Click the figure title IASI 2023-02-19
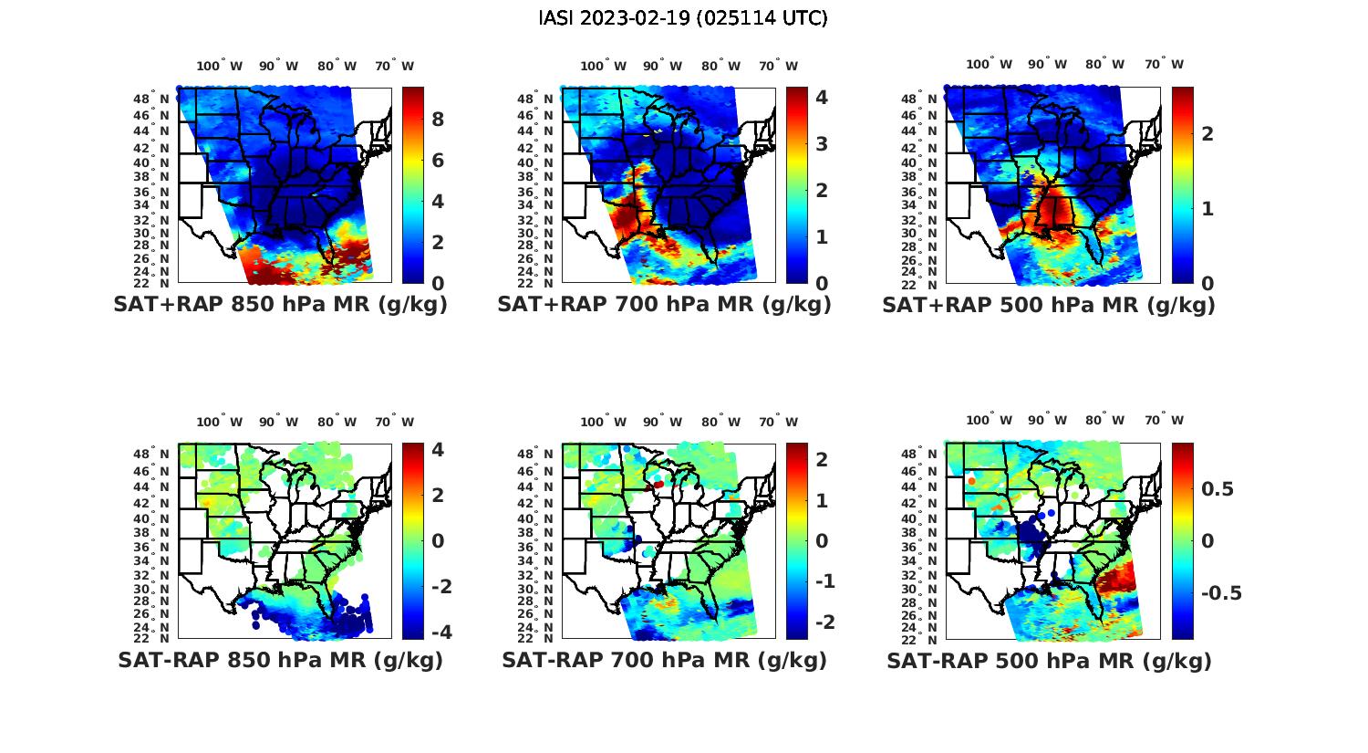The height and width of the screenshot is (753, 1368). [x=683, y=18]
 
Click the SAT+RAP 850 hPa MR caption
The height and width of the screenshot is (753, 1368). [x=280, y=305]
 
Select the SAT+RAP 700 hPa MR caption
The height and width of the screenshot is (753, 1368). [x=664, y=305]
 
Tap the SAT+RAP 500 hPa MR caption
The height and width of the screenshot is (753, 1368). [x=1049, y=305]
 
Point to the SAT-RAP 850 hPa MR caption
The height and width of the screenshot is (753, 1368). [x=280, y=660]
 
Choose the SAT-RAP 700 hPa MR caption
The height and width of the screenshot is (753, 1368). [x=664, y=660]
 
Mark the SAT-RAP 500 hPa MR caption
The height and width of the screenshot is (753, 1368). [x=1049, y=660]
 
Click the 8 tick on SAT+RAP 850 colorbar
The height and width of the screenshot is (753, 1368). [x=438, y=120]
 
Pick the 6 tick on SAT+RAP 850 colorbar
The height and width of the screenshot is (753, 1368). [x=438, y=161]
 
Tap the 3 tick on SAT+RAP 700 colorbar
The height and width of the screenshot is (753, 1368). [x=822, y=143]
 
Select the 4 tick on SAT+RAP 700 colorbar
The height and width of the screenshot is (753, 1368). [x=822, y=97]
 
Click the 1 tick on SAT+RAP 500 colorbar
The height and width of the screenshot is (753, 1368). [x=1207, y=208]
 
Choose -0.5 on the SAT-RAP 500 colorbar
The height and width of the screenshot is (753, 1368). [x=1221, y=593]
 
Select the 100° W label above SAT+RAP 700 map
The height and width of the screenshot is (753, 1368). [x=603, y=66]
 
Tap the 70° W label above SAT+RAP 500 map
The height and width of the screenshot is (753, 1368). [x=1165, y=64]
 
